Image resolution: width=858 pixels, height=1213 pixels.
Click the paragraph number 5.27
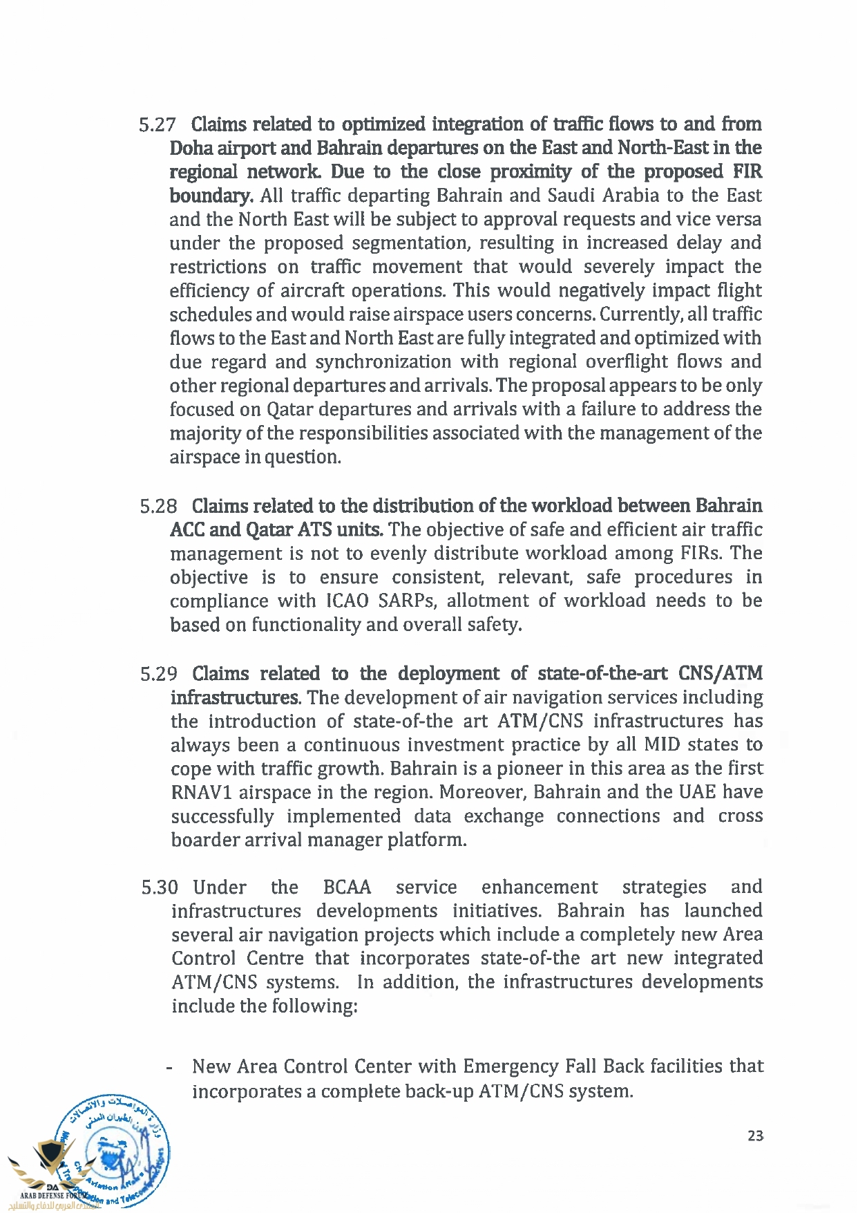tap(157, 125)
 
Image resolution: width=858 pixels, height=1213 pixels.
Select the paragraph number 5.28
tap(158, 507)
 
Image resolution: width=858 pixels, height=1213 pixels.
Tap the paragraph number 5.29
tap(158, 674)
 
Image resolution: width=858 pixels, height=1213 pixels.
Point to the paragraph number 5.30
tap(160, 887)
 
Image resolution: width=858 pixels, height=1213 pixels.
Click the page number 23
tap(755, 1136)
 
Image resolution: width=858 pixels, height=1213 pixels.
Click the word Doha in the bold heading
tap(191, 149)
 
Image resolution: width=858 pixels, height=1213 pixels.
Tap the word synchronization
tap(383, 362)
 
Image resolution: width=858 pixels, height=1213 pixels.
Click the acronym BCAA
tap(347, 887)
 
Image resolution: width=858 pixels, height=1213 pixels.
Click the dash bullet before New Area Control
tap(169, 1068)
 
